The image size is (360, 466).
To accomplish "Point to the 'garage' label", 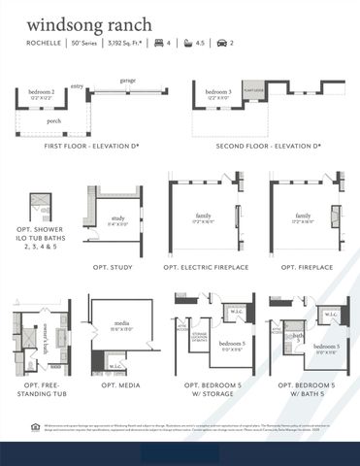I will (x=127, y=81).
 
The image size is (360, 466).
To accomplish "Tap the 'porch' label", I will (x=54, y=122).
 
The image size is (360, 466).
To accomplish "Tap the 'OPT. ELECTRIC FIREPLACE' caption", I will (x=207, y=266).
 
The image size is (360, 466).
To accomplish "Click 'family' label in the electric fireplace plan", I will (x=203, y=216).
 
